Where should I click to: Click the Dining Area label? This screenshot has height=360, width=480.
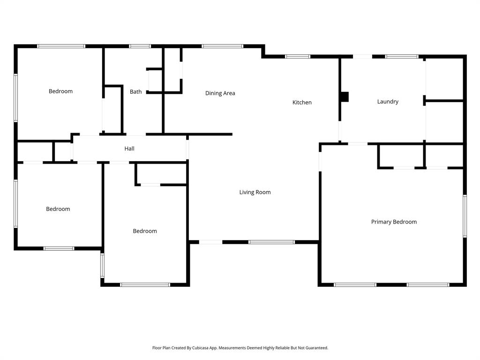220,93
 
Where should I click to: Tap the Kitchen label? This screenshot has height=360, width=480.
302,103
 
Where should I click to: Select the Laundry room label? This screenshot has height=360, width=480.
388,102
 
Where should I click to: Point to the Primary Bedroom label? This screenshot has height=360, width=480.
394,222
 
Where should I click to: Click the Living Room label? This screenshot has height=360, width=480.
255,192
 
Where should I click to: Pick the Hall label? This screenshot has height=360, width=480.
129,149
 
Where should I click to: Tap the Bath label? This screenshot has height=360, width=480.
135,92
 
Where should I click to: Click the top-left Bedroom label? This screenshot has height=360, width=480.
60,91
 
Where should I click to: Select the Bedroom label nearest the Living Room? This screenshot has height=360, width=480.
145,231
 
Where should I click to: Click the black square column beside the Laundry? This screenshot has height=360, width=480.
345,97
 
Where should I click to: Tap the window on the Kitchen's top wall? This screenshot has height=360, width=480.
298,57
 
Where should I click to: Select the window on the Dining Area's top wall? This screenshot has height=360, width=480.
222,46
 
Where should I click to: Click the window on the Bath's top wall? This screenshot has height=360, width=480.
140,46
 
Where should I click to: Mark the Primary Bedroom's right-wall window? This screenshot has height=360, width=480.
465,216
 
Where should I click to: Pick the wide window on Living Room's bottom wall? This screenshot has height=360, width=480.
271,242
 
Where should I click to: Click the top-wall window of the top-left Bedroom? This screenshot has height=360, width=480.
61,46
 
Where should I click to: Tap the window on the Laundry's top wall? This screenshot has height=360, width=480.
402,57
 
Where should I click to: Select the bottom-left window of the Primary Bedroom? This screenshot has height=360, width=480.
355,285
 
